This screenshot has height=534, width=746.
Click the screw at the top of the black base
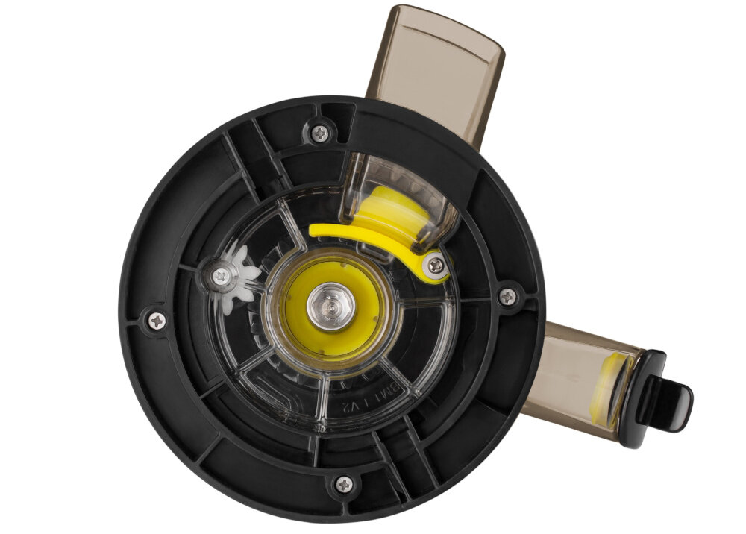[x=321, y=133]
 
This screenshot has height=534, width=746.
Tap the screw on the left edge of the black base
[x=156, y=321]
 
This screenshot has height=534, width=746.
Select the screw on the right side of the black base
[x=507, y=296]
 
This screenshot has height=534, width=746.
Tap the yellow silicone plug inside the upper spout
[x=388, y=211]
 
